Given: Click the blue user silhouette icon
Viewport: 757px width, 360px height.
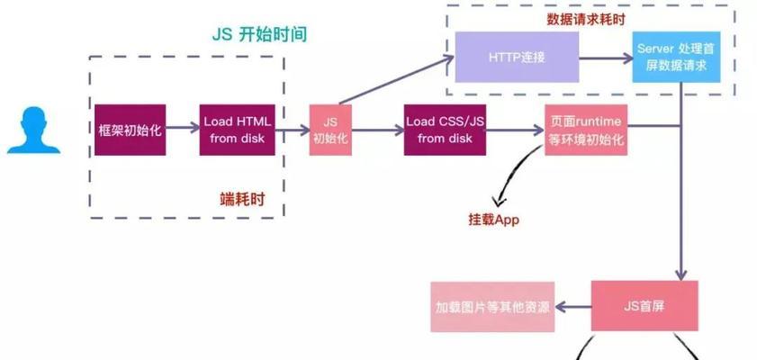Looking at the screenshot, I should coord(33,130).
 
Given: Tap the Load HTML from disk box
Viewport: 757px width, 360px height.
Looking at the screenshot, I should coord(238,130).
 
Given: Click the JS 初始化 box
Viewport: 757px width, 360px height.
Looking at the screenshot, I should coord(329,130).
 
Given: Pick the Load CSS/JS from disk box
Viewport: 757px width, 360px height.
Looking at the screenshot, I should coord(445,130).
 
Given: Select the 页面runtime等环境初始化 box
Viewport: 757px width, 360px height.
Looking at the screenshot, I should coord(585,130).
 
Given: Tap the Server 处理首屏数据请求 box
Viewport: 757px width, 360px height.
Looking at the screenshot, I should coord(675,57).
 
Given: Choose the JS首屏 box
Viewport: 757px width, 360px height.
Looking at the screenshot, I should coord(644,305).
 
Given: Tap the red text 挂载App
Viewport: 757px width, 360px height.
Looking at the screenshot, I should coord(488,220).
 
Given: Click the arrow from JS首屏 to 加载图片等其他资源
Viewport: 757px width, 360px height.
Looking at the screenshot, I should coord(572,306).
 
